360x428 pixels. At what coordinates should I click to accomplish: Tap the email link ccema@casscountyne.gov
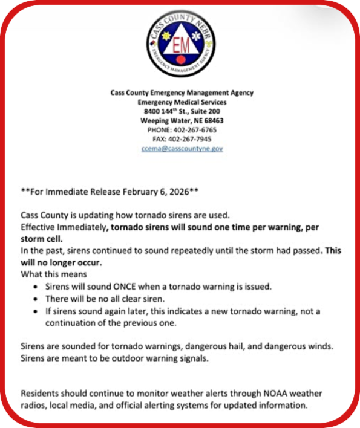pyautogui.click(x=182, y=148)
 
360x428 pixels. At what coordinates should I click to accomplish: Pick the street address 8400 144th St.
pyautogui.click(x=170, y=111)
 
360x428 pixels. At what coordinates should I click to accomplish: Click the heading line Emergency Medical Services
pyautogui.click(x=182, y=102)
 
